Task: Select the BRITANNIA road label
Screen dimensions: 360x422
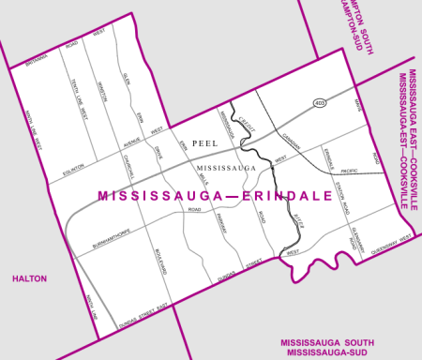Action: coord(36,62)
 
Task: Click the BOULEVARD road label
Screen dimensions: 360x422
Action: coord(164,266)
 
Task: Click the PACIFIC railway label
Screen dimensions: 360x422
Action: coord(348,171)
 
